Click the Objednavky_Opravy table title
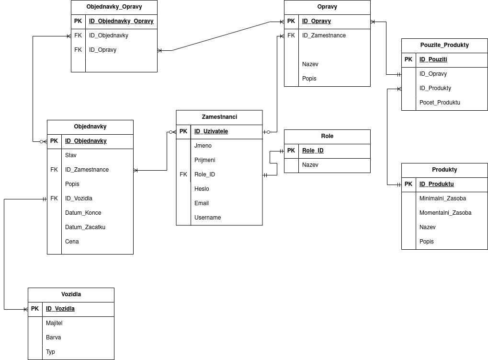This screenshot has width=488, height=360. click(114, 7)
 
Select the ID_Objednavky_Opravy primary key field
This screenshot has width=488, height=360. click(121, 21)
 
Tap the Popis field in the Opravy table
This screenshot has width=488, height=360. click(309, 79)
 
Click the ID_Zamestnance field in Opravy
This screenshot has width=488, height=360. click(324, 35)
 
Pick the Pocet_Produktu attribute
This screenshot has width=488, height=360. click(440, 103)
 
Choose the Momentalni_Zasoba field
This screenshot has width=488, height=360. click(445, 213)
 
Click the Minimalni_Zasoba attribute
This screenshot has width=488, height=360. click(443, 198)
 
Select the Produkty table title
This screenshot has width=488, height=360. click(444, 170)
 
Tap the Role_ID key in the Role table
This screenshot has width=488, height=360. click(313, 151)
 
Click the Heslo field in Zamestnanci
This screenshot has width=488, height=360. click(202, 189)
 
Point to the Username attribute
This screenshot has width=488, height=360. click(207, 218)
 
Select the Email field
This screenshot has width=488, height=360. click(201, 203)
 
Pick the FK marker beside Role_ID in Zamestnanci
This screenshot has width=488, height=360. click(183, 174)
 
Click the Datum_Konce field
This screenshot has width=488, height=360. click(83, 213)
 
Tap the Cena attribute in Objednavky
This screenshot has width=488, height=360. click(72, 242)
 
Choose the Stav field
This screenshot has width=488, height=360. click(71, 155)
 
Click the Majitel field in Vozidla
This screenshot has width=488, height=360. click(54, 323)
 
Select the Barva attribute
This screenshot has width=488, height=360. click(53, 337)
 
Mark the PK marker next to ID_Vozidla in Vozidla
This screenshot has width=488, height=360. click(35, 309)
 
